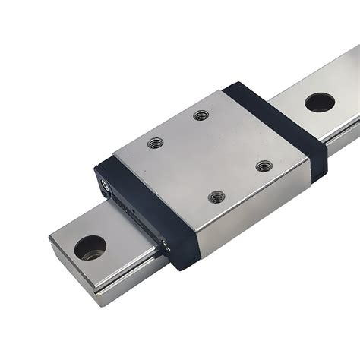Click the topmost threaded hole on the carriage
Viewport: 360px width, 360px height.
(201, 115)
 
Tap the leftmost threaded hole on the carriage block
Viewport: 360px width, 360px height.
(156, 142)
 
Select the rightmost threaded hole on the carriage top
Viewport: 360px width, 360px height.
(264, 166)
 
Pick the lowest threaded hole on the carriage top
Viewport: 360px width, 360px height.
(217, 197)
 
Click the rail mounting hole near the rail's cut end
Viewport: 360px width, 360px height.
(90, 247)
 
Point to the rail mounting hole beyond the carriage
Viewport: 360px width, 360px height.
(320, 102)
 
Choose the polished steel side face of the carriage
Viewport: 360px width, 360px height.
(251, 216)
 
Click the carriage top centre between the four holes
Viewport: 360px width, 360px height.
(210, 155)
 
